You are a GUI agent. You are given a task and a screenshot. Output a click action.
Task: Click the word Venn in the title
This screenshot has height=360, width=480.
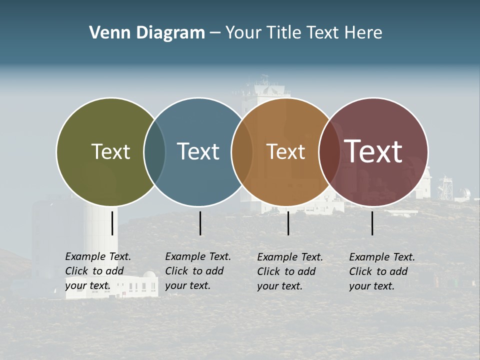tap(105, 33)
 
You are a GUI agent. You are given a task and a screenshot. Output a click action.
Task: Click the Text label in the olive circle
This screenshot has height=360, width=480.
tap(110, 151)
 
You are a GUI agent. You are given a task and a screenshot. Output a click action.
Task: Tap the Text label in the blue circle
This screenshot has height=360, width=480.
tap(198, 151)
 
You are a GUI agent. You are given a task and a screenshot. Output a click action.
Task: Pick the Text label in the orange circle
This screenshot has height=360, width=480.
tap(286, 151)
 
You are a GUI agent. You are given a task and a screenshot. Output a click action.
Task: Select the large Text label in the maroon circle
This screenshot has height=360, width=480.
tap(373, 151)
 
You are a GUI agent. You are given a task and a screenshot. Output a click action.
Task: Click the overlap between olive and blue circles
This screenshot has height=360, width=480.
tap(154, 152)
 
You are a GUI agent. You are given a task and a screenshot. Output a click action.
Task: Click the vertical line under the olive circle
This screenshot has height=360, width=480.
tap(112, 223)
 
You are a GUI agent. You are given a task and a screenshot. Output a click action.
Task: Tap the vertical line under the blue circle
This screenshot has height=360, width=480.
tap(200, 223)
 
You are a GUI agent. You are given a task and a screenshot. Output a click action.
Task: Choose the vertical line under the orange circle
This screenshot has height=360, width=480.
tap(288, 223)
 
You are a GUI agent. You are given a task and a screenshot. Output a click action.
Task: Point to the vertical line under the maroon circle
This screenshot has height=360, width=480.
tap(372, 223)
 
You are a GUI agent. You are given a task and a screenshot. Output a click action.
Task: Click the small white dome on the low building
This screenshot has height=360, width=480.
tap(149, 275)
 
